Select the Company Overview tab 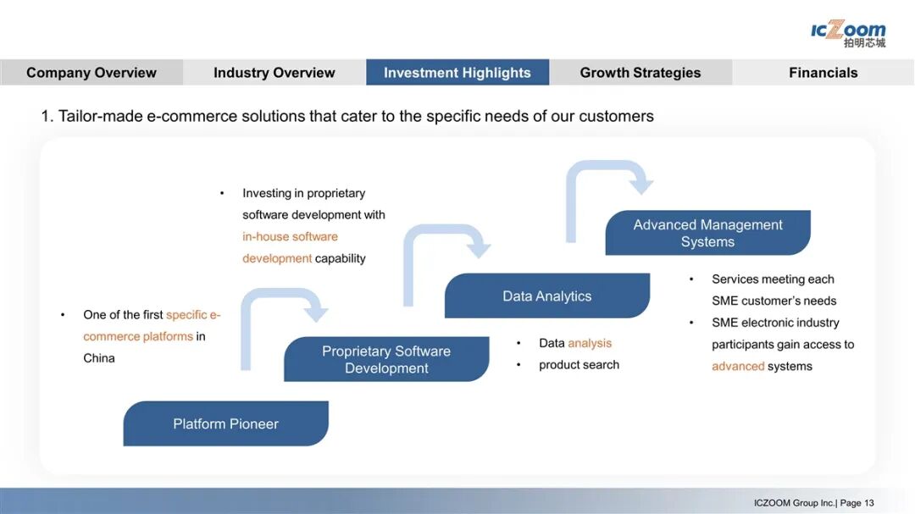click(x=91, y=73)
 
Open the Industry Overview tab click(x=274, y=73)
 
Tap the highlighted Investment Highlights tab click(x=457, y=73)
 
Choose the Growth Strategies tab click(x=640, y=73)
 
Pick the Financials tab click(x=823, y=73)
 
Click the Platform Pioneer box click(x=225, y=423)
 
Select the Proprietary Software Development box click(x=386, y=359)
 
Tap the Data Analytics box click(x=547, y=296)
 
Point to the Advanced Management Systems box click(x=707, y=233)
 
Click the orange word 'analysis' click(x=590, y=343)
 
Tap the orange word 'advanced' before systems click(x=737, y=366)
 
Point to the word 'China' click(x=99, y=358)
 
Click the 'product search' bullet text click(x=579, y=365)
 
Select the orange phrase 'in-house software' click(x=290, y=236)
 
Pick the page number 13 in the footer click(x=869, y=503)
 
